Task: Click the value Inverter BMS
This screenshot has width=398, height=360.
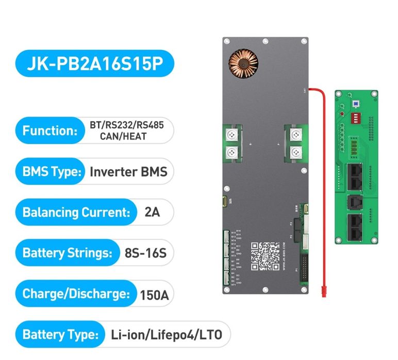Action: point(128,172)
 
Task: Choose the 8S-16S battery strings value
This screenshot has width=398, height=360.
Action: point(143,253)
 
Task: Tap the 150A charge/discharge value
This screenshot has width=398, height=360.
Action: point(154,295)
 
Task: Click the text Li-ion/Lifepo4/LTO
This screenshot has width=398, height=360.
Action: point(166,335)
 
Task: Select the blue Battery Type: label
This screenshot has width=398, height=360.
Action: point(59,335)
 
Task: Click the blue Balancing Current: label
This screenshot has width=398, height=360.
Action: point(75,212)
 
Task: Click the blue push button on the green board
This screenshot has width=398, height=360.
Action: point(355,103)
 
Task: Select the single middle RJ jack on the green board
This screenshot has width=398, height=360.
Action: point(355,201)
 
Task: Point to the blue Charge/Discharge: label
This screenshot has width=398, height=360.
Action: point(75,294)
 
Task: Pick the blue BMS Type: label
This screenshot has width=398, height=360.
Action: point(52,171)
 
